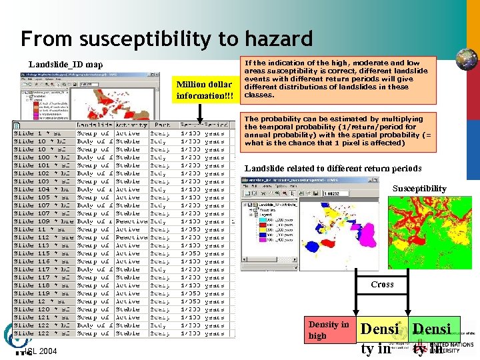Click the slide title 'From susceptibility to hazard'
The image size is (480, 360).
(167, 39)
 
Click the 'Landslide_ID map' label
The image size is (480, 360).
(66, 65)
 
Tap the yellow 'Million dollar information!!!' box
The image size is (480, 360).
(203, 90)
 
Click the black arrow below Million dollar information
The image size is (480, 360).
(203, 112)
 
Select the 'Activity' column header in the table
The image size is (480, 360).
(131, 125)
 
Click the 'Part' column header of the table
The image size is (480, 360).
(162, 125)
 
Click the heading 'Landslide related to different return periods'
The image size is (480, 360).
(333, 168)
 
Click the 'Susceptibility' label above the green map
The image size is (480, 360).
(419, 189)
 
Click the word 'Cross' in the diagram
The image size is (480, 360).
(382, 285)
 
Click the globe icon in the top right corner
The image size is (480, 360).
(466, 59)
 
